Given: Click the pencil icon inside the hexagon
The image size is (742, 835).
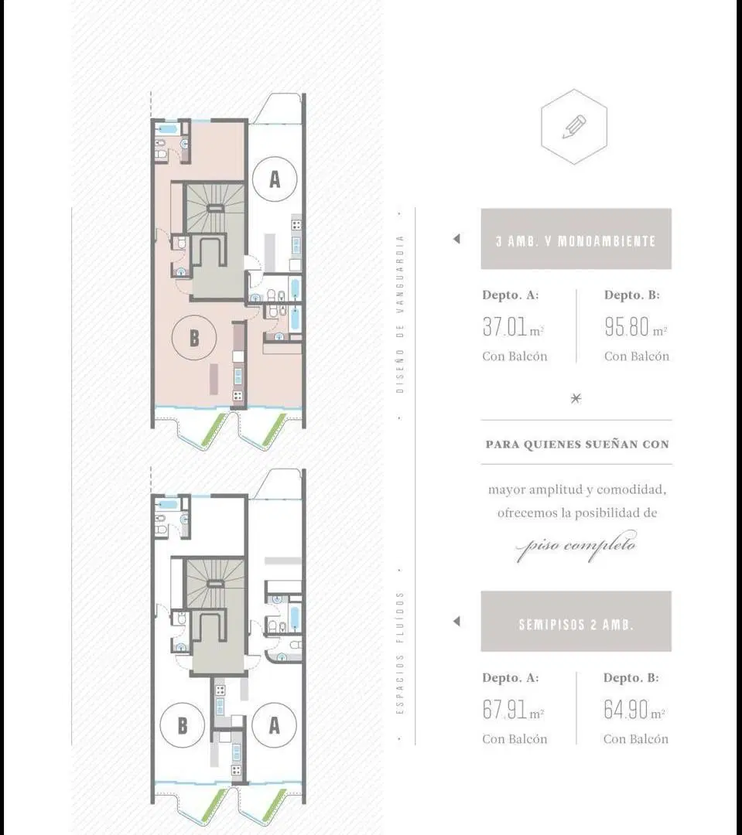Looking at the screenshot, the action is (574, 127).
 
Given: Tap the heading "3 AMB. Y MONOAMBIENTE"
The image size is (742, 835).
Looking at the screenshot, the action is (576, 241).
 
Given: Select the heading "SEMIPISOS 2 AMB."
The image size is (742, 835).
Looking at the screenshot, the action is (576, 624).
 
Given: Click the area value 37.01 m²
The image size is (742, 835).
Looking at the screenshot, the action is (513, 327).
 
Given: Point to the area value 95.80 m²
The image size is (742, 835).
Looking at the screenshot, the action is (635, 327).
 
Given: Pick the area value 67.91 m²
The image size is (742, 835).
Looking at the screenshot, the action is (513, 710).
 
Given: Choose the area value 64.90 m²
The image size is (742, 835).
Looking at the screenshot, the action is (634, 710).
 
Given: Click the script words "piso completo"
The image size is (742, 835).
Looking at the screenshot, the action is (576, 545).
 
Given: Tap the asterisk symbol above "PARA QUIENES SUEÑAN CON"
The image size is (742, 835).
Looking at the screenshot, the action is (576, 398).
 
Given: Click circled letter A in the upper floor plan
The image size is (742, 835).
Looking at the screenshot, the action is (275, 179).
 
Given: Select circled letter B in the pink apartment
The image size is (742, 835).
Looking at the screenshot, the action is (194, 338).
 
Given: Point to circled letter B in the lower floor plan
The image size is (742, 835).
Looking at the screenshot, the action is (183, 725).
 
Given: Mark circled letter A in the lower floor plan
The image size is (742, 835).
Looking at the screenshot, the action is (274, 724).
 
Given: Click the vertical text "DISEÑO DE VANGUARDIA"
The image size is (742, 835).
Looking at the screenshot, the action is (400, 314).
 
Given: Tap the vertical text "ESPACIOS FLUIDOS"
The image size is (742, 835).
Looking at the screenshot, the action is (400, 653).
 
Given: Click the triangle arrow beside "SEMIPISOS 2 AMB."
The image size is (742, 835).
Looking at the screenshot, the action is (456, 621).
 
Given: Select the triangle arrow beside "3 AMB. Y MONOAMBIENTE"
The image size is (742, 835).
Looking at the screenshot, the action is (456, 239).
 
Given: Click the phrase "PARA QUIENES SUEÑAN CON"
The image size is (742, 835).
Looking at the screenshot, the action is (576, 444).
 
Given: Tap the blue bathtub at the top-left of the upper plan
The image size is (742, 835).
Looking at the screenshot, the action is (169, 129).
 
